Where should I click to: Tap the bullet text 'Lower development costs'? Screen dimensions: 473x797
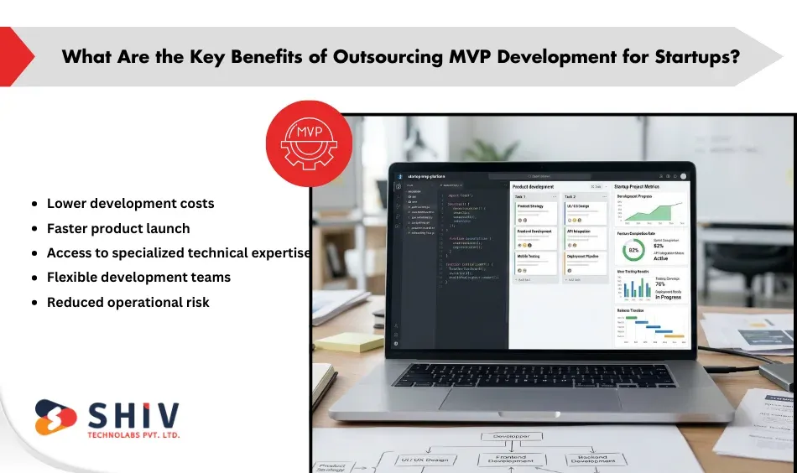(x=130, y=204)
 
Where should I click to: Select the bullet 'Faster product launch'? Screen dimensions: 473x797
(x=118, y=228)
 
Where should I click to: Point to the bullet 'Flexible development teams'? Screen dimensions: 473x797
(x=138, y=277)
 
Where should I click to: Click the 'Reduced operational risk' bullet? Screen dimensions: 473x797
(x=128, y=302)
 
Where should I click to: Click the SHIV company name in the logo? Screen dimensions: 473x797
(x=133, y=416)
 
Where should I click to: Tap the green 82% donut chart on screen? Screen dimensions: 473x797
(x=633, y=251)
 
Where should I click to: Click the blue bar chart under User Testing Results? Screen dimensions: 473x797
(x=636, y=288)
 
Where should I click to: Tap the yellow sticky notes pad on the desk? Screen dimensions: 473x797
(x=348, y=341)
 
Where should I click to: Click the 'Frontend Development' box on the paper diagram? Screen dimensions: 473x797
(x=511, y=460)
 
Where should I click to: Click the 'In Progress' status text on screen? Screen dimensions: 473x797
(x=669, y=297)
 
